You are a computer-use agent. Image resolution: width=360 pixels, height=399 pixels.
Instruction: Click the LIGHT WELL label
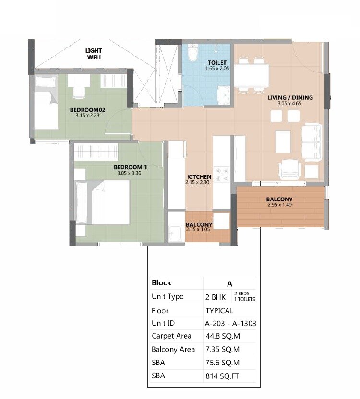94,54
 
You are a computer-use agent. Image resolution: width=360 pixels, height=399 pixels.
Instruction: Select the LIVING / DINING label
290,98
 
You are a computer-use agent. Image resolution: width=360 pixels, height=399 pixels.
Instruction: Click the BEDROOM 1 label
130,167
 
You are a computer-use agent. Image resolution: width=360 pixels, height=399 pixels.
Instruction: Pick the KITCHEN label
199,177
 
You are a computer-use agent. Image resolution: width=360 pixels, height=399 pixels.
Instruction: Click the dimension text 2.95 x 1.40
279,205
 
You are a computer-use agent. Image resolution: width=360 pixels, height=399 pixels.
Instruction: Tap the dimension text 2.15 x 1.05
199,229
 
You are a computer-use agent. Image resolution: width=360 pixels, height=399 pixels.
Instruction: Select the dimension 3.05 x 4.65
290,104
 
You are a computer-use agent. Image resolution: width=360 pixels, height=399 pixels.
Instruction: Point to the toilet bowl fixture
193,54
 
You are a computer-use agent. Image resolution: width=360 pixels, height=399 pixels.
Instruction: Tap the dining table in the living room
252,74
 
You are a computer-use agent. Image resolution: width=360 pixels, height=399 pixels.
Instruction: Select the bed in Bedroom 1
103,202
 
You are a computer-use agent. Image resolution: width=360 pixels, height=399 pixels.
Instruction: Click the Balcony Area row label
173,349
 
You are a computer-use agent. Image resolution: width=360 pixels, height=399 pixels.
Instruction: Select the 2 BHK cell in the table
216,297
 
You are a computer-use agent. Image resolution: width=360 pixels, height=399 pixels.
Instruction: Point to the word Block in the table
161,283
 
